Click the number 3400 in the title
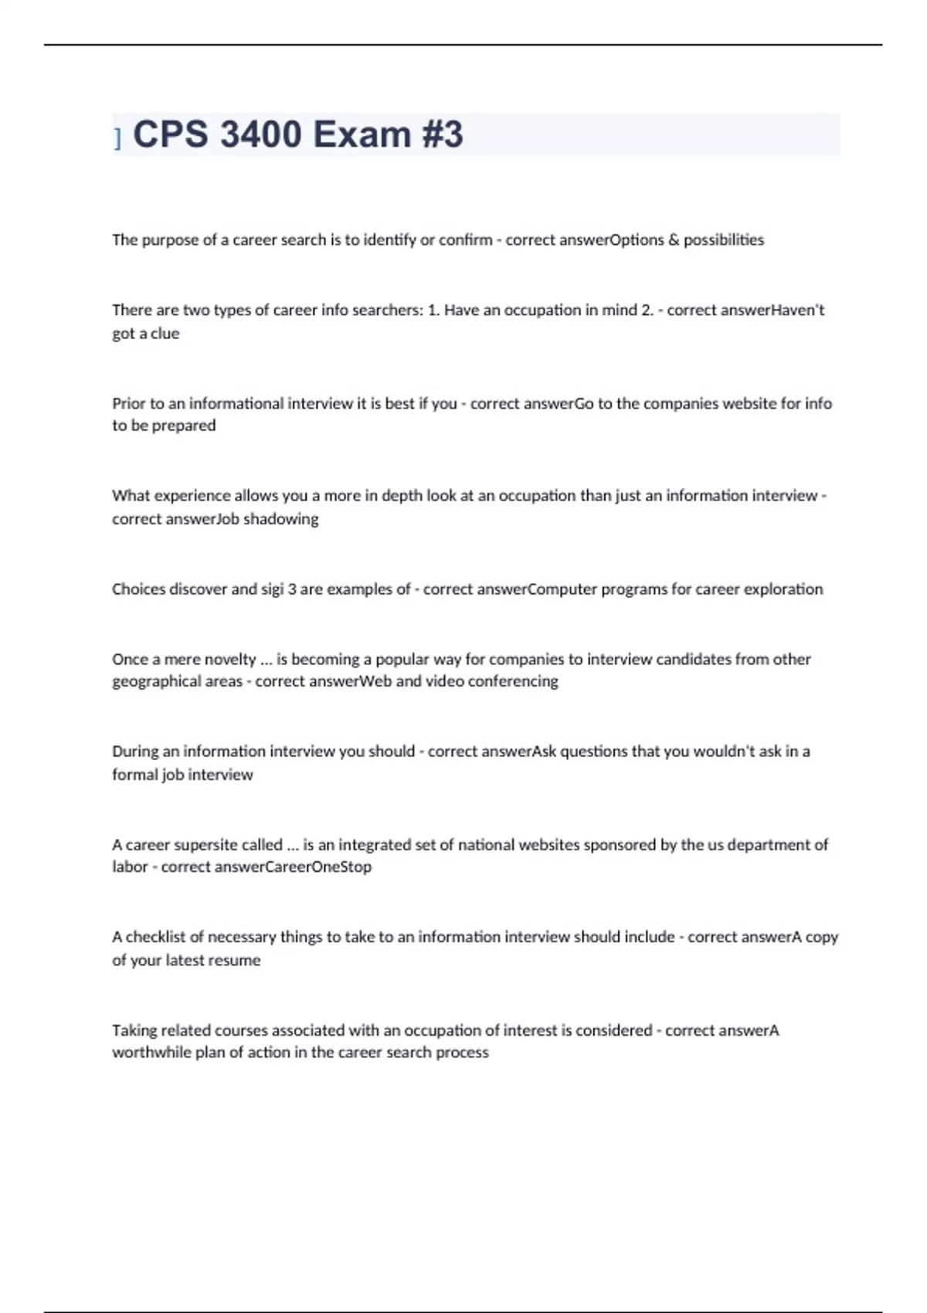[260, 134]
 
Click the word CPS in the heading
[171, 134]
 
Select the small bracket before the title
[117, 138]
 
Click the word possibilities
[724, 240]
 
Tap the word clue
[165, 334]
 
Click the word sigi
[270, 589]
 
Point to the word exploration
[783, 589]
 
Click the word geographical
[154, 681]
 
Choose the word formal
[134, 775]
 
